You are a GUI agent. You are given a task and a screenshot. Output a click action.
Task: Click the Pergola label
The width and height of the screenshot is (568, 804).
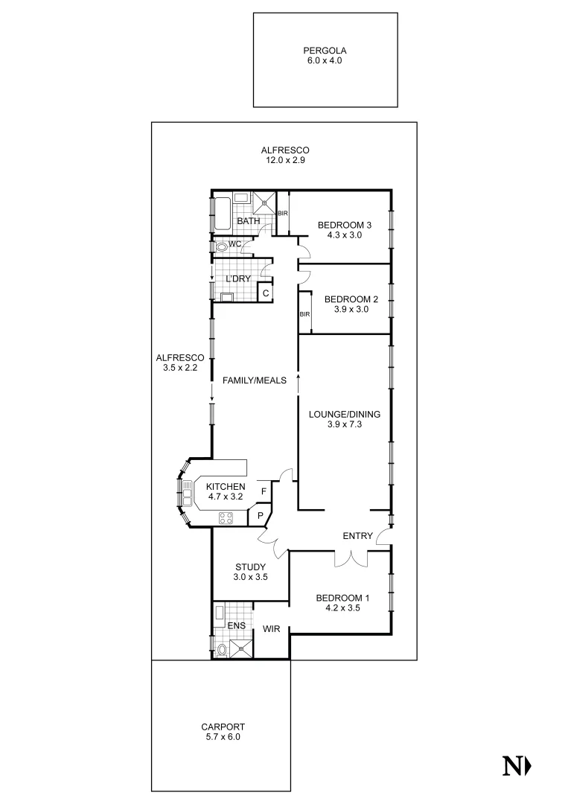pyautogui.click(x=325, y=51)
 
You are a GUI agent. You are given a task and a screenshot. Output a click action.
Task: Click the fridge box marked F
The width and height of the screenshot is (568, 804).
pyautogui.click(x=264, y=491)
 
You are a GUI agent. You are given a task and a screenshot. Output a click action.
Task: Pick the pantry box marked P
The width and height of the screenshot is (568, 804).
pyautogui.click(x=261, y=515)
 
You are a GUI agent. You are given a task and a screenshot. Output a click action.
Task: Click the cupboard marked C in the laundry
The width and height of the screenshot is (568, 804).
pyautogui.click(x=265, y=293)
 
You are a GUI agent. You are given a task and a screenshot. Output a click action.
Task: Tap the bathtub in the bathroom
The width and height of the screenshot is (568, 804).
pyautogui.click(x=222, y=214)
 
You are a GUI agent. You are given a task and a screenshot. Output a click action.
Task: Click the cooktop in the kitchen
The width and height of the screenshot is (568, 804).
pyautogui.click(x=226, y=518)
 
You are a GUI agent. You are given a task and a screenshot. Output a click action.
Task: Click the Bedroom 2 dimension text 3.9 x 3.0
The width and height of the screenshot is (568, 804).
pyautogui.click(x=351, y=310)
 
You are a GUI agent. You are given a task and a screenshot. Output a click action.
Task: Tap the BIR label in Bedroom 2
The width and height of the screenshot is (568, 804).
pyautogui.click(x=304, y=314)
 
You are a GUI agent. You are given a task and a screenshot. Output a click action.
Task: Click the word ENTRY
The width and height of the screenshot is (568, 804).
pyautogui.click(x=357, y=536)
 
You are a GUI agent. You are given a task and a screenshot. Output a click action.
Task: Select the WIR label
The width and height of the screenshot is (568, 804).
pyautogui.click(x=271, y=629)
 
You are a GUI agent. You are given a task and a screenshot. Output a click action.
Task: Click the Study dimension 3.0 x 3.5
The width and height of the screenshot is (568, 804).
pyautogui.click(x=250, y=577)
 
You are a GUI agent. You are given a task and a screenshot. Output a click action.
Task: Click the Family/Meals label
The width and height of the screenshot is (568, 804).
pyautogui.click(x=255, y=380)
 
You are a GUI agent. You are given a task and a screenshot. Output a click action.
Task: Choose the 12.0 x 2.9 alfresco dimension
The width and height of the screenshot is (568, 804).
pyautogui.click(x=285, y=160)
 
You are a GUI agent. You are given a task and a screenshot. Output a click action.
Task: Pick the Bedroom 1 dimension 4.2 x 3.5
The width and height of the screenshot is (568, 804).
pyautogui.click(x=342, y=607)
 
